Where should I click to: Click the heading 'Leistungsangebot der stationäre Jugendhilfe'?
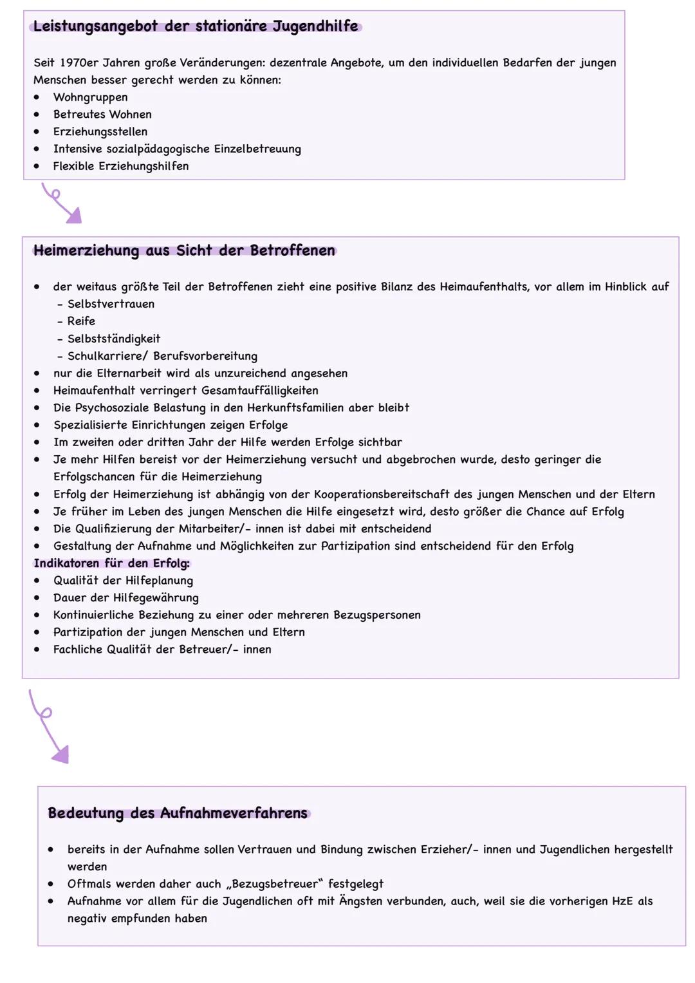[x=196, y=26]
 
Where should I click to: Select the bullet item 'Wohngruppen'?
[x=90, y=97]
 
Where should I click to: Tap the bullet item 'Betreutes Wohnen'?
[x=102, y=115]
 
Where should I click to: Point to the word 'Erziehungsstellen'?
[x=100, y=132]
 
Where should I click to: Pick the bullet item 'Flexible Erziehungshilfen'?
[x=120, y=166]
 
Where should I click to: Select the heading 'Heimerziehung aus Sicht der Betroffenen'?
[x=184, y=251]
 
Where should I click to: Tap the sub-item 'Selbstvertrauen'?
[x=111, y=304]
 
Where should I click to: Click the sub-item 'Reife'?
[x=81, y=321]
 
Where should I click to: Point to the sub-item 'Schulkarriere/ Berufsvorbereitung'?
[x=162, y=356]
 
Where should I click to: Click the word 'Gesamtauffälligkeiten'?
[x=259, y=391]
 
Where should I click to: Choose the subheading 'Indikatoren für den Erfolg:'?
[x=112, y=563]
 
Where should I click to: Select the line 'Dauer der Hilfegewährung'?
[x=125, y=598]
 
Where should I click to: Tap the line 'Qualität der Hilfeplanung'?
[x=123, y=581]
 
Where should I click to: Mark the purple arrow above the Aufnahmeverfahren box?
[x=49, y=727]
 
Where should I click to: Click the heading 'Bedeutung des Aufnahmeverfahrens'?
[x=178, y=814]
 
